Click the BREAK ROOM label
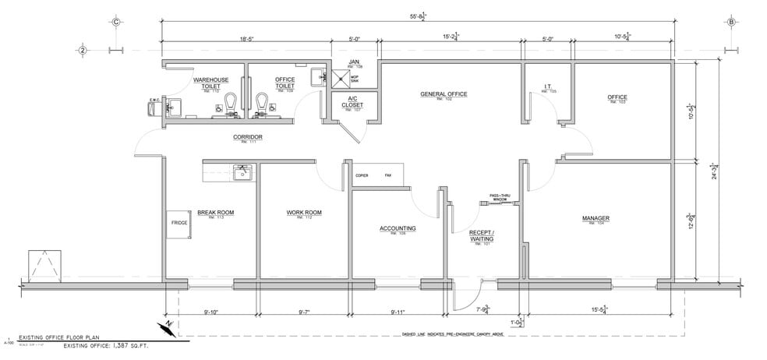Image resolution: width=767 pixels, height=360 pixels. [x=215, y=213]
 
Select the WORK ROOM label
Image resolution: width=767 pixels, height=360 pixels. [x=303, y=213]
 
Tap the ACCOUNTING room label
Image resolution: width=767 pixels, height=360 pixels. [x=397, y=228]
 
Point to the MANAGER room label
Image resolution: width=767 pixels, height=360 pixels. [x=596, y=218]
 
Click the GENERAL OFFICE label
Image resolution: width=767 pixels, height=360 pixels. [x=443, y=94]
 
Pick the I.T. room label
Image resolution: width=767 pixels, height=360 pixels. [x=550, y=88]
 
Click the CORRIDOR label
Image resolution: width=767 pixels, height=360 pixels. [x=247, y=138]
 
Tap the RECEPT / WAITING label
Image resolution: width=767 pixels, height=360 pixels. [x=481, y=237]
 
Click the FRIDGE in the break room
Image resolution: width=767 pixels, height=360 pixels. [x=179, y=223]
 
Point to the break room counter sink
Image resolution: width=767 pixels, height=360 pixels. [x=242, y=171]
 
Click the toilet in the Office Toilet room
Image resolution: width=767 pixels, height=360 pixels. [x=262, y=102]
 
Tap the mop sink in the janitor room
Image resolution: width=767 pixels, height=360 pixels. [x=340, y=78]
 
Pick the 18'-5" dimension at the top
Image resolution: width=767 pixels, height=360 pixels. [x=249, y=36]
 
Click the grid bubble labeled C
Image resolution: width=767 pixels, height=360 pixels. [x=115, y=22]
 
